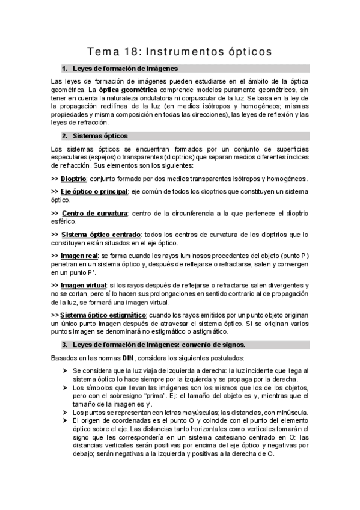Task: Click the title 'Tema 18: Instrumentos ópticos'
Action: click(180, 52)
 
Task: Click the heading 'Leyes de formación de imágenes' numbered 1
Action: click(124, 69)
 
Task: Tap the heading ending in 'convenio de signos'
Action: click(159, 345)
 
